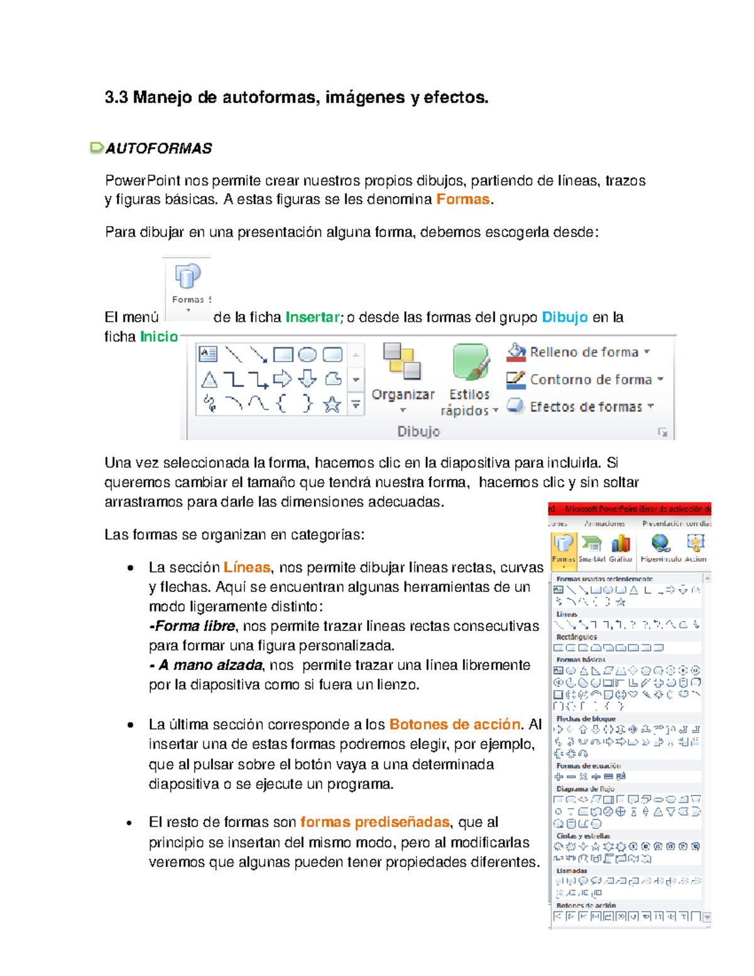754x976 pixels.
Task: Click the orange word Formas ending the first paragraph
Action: click(462, 199)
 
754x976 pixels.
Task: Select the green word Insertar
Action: click(312, 317)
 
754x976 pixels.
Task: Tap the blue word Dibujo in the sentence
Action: click(564, 317)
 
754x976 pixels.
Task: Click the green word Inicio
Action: click(159, 337)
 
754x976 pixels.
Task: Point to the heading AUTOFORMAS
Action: click(158, 148)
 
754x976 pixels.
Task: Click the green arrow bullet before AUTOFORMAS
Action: click(97, 148)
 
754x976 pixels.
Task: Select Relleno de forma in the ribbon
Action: click(583, 353)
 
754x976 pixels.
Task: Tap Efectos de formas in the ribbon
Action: click(585, 407)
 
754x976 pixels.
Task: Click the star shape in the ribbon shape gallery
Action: click(332, 404)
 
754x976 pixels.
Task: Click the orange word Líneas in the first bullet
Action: click(246, 568)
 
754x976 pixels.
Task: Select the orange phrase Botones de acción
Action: click(454, 725)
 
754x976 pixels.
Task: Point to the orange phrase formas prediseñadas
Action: click(374, 823)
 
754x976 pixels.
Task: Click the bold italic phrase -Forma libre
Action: click(192, 626)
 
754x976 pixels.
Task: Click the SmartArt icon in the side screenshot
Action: click(591, 544)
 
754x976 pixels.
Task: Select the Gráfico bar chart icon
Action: click(620, 544)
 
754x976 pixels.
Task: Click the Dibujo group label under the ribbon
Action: click(418, 432)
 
